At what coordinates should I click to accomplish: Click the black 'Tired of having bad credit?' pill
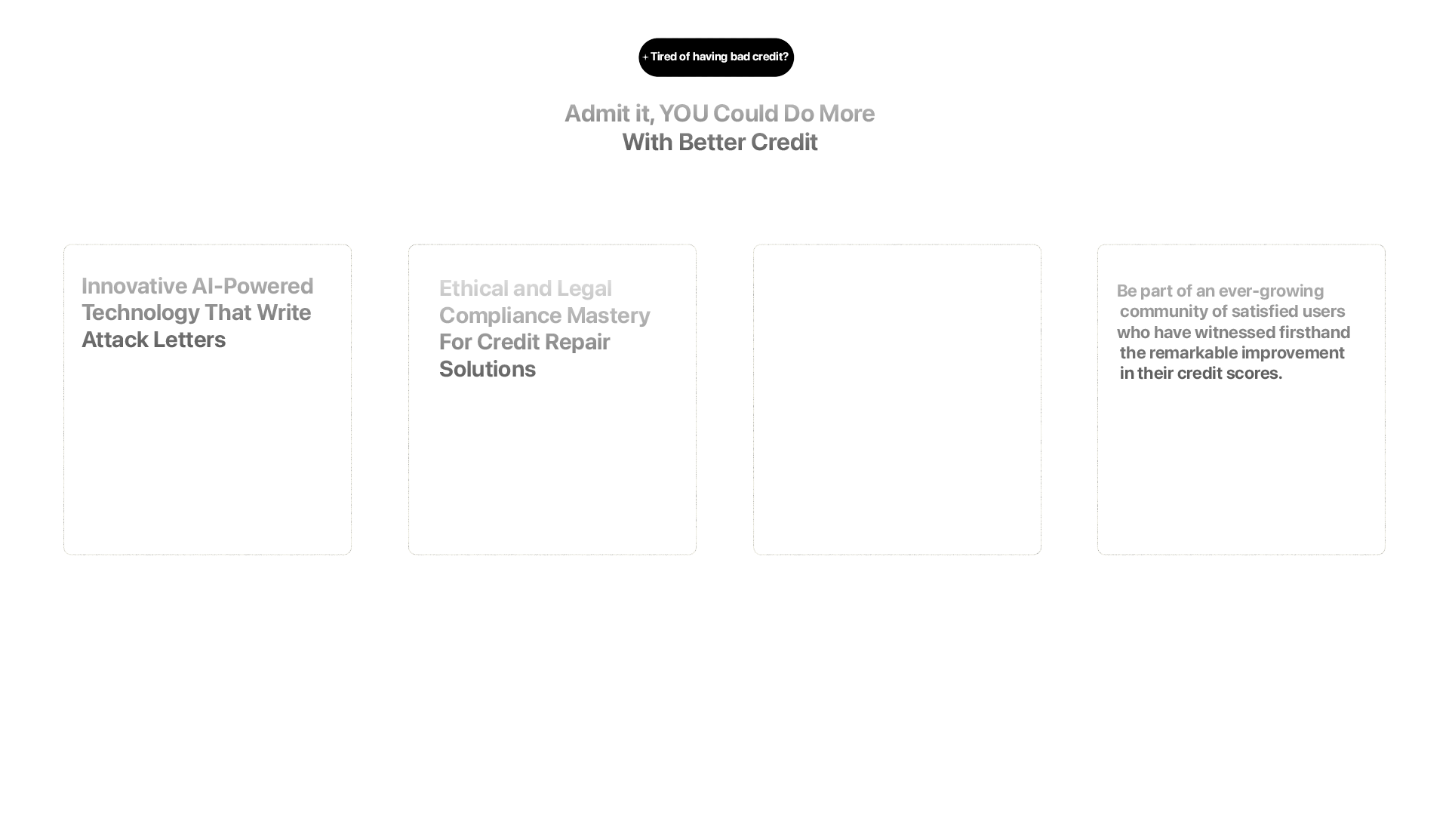716,57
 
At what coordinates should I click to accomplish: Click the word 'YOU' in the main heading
683,114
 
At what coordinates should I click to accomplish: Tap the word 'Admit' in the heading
597,114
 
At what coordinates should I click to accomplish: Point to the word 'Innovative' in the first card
134,287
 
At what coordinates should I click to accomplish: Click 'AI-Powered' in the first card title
253,287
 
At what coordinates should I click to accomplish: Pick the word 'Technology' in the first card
140,313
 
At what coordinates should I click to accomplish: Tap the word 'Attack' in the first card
115,340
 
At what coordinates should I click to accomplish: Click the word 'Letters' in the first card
189,340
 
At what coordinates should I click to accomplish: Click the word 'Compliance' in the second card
500,316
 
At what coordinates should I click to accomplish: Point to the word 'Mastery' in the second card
608,316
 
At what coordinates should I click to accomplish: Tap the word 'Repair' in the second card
577,343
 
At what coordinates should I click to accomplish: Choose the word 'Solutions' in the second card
488,370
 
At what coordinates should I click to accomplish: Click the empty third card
897,399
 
